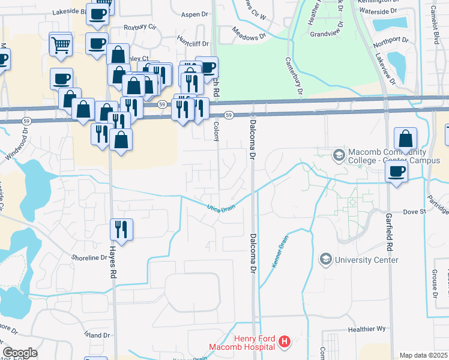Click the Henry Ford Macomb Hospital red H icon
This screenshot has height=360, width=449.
coord(285,343)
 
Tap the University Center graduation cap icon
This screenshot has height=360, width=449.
coord(326,259)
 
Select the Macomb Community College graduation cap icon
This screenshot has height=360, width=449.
coord(339,155)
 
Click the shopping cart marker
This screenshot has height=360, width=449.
coord(61,44)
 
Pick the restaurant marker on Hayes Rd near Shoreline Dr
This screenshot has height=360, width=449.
coord(121,229)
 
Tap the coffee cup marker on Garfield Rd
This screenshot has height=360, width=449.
coord(396,172)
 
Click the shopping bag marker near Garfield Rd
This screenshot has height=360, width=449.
coord(406,139)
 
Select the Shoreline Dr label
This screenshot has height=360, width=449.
coord(89,257)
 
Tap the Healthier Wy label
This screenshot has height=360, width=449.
coord(367,329)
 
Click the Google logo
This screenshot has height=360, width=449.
coord(20,353)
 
